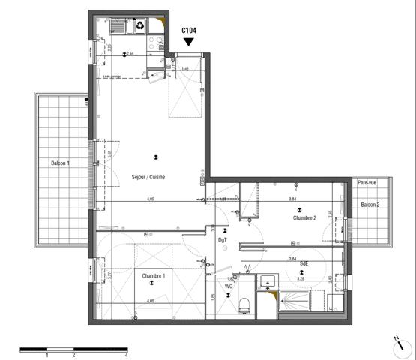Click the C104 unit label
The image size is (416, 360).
[189, 31]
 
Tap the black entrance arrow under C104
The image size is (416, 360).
[189, 43]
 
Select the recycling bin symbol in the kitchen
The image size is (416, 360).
[140, 26]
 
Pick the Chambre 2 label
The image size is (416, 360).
[304, 217]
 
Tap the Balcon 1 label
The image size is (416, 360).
[60, 163]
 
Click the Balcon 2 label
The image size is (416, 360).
[370, 205]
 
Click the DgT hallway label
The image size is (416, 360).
[223, 240]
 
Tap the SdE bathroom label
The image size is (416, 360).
[304, 263]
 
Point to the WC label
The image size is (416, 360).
[229, 286]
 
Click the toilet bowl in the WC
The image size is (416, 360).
[243, 304]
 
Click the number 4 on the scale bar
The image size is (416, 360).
[126, 355]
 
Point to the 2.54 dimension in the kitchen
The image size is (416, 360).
[130, 54]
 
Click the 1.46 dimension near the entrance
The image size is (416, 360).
[184, 68]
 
